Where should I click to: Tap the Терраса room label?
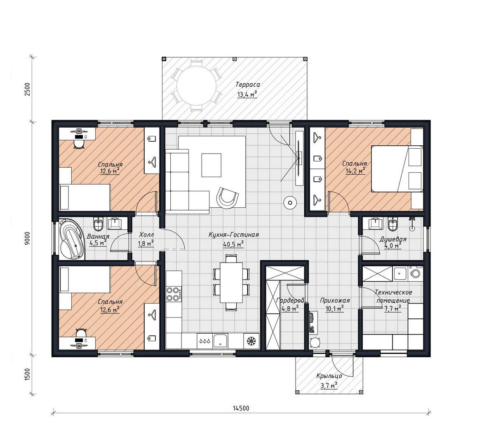click(247, 85)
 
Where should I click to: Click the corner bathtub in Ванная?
click(72, 239)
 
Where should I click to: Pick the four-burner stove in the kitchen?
click(173, 294)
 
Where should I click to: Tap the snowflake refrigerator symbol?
click(251, 341)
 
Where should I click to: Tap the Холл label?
click(146, 234)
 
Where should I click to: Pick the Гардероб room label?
click(290, 300)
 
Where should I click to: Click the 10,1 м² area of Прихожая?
click(334, 308)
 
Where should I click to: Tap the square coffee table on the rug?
click(211, 165)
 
